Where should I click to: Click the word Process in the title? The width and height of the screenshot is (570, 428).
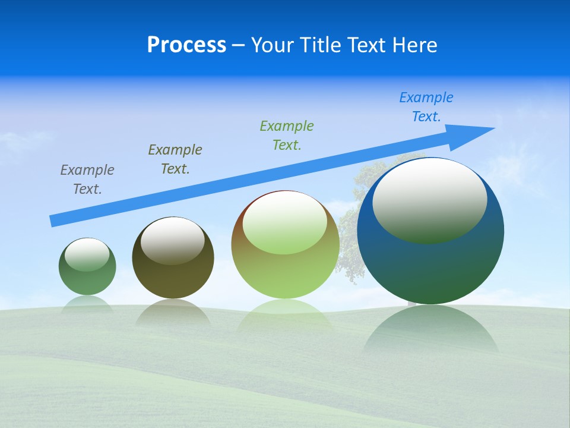point(186,45)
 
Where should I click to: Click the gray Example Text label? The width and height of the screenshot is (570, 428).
point(87,180)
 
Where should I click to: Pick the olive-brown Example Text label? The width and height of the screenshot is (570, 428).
point(175,159)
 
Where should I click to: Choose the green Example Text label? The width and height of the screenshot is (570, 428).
point(287,136)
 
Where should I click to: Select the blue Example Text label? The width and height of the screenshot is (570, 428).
point(426,107)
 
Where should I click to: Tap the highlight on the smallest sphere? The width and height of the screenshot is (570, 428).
point(87,254)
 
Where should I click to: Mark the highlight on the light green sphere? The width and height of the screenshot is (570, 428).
point(284,222)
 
